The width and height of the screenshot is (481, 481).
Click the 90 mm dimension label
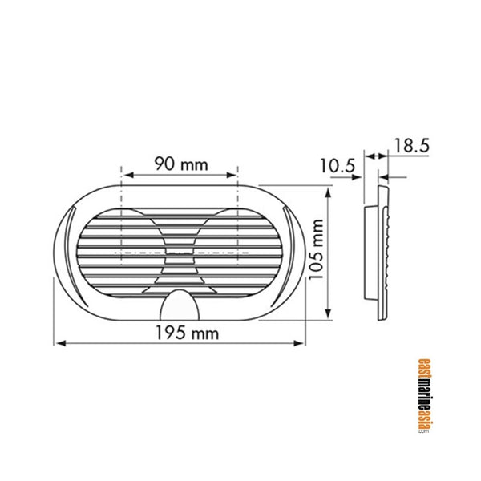pyautogui.click(x=180, y=164)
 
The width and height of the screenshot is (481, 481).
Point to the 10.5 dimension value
pyautogui.click(x=337, y=166)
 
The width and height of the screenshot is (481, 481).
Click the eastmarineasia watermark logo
pyautogui.click(x=424, y=396)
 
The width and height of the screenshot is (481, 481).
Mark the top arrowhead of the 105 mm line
pyautogui.click(x=329, y=191)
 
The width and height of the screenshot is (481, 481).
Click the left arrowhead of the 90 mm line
pyautogui.click(x=124, y=174)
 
